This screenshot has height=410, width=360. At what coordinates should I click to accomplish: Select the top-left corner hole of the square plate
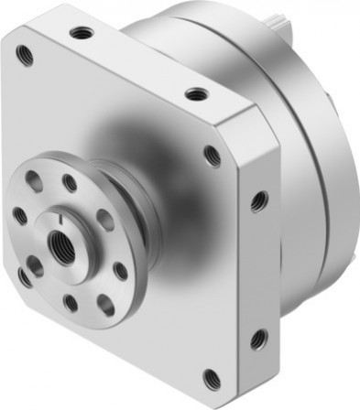point(26,55)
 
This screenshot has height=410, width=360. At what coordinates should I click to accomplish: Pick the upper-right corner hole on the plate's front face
point(213,156)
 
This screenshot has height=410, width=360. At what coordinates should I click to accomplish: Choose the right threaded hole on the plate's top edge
point(194,93)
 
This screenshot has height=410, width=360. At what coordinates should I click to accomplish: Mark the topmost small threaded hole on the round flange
point(69,183)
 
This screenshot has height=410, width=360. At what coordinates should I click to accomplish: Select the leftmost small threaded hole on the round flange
point(19,217)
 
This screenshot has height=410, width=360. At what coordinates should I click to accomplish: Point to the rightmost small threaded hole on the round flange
point(120,271)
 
